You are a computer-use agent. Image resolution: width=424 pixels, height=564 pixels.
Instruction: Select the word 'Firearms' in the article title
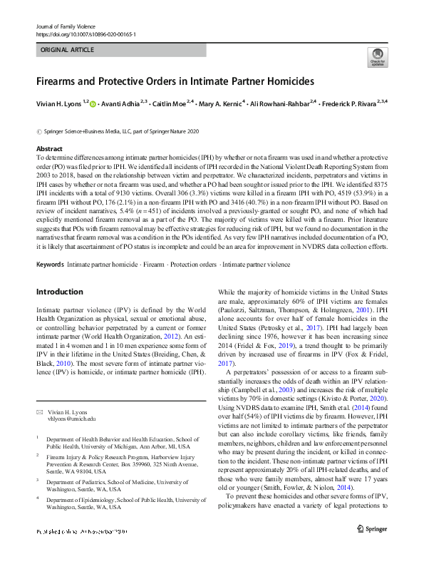tap(60, 81)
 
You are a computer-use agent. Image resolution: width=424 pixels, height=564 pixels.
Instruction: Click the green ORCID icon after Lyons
tap(93, 104)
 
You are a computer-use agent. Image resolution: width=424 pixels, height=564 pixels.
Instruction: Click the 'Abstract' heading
tap(49, 148)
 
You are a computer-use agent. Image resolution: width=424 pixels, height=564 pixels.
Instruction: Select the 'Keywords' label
tap(50, 264)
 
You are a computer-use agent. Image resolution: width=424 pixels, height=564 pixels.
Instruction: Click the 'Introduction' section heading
tap(60, 292)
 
